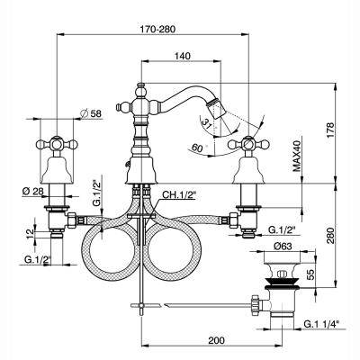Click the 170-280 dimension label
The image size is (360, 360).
157,30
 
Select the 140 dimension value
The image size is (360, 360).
182,56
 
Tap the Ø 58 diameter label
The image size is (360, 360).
92,113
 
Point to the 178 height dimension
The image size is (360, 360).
329,130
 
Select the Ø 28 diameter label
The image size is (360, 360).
32,191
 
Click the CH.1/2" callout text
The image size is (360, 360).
179,195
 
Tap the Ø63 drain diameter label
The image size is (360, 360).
283,247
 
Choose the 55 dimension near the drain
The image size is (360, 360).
310,274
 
